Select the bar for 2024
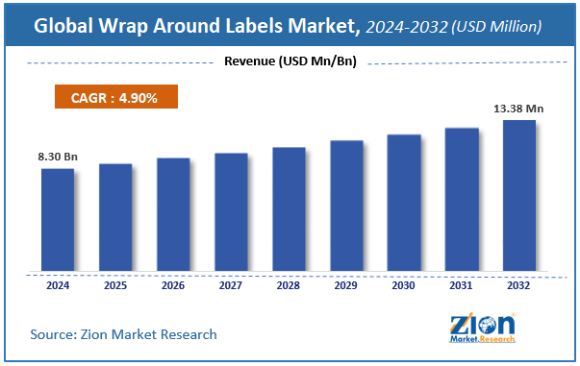click(58, 220)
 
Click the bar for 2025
click(115, 218)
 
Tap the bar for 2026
click(173, 214)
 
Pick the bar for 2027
click(231, 212)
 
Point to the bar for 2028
click(289, 209)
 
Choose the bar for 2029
click(346, 206)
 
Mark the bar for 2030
click(404, 203)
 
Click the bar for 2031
click(462, 200)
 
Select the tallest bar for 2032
click(519, 196)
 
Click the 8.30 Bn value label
click(57, 157)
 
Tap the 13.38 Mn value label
click(520, 109)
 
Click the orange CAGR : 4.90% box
click(116, 97)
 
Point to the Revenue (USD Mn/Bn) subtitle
click(290, 62)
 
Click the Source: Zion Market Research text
click(124, 334)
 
